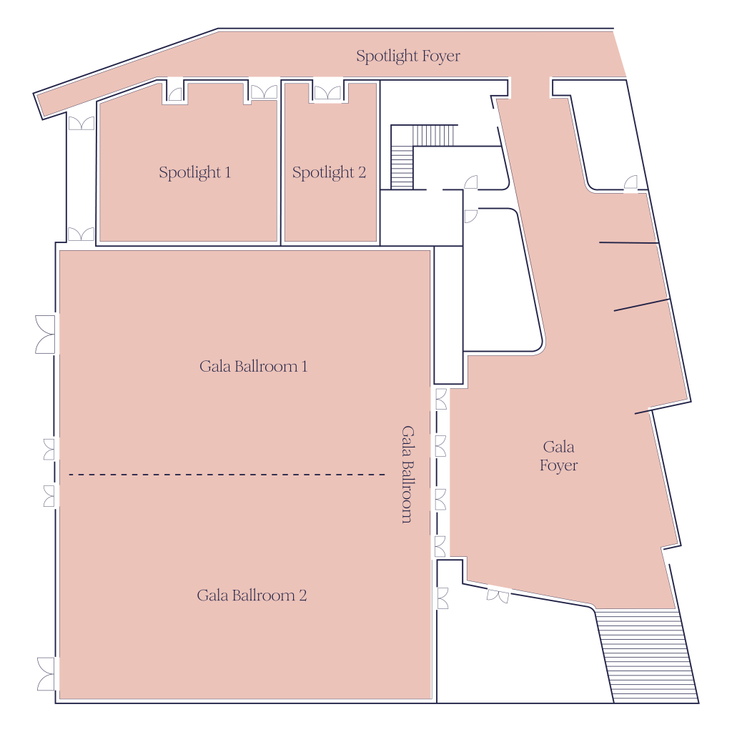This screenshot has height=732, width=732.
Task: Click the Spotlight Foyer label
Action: click(408, 56)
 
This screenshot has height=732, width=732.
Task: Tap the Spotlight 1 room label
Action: click(194, 173)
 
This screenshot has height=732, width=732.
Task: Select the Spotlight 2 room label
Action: click(329, 173)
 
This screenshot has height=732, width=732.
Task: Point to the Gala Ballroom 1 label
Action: click(254, 367)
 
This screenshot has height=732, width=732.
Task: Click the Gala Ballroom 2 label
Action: click(252, 595)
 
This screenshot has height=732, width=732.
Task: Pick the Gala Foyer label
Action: click(559, 456)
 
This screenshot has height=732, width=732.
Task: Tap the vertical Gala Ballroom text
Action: click(407, 475)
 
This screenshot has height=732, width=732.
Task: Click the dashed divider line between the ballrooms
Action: click(227, 475)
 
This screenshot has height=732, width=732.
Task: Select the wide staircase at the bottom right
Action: click(647, 656)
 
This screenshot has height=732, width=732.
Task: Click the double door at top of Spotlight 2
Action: click(327, 92)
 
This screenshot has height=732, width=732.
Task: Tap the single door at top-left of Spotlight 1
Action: click(175, 94)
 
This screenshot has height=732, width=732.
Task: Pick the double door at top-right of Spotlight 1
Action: click(264, 91)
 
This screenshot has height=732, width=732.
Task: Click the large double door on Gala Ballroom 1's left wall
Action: click(45, 335)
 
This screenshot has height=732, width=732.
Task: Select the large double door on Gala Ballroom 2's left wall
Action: click(46, 674)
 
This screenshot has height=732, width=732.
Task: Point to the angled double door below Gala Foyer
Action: click(498, 595)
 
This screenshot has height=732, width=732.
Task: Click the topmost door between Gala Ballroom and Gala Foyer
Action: click(441, 399)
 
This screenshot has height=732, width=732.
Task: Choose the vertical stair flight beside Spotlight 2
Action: click(402, 167)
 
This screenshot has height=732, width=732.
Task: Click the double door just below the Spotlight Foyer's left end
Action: click(81, 123)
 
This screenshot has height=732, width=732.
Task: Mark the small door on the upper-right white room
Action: click(630, 182)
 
